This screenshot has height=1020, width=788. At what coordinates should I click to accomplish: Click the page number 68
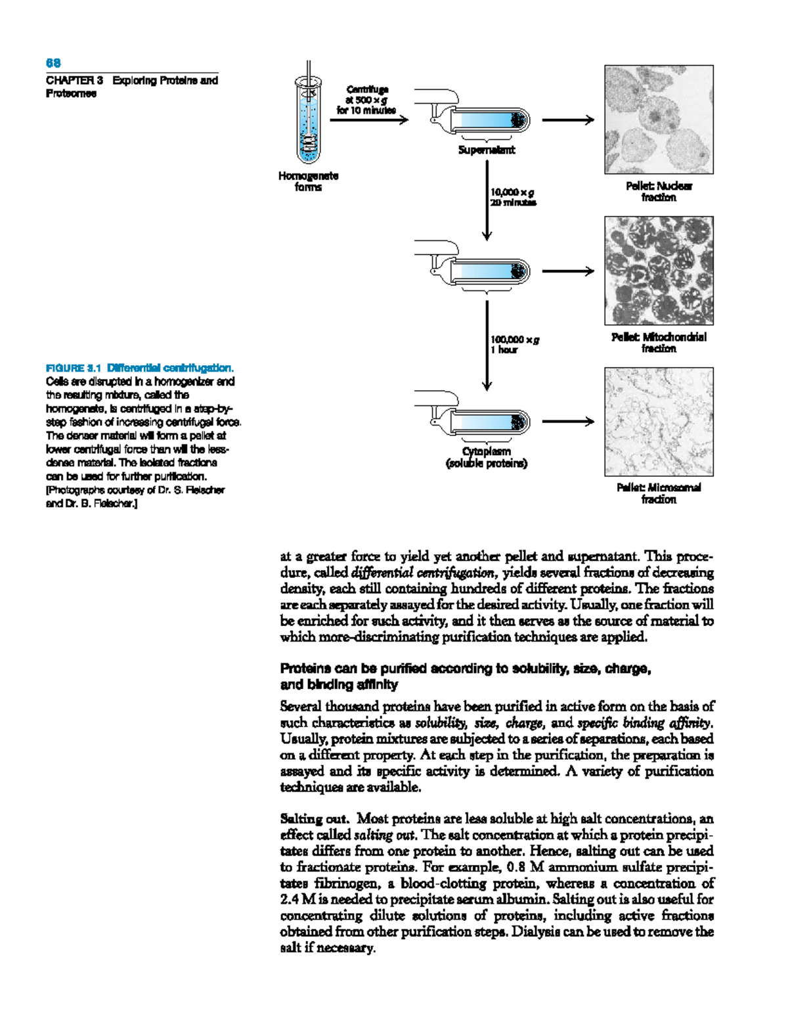click(x=53, y=63)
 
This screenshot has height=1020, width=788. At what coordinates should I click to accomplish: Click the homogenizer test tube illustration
click(x=309, y=121)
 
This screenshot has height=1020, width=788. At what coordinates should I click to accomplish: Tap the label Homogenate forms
click(x=308, y=181)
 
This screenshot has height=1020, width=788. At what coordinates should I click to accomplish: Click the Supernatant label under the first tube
click(x=487, y=150)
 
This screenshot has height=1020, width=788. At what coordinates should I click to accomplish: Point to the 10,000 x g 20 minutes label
click(x=513, y=197)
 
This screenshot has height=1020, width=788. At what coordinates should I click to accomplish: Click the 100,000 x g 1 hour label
click(x=514, y=344)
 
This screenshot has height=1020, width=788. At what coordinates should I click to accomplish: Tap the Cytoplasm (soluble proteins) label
click(x=487, y=457)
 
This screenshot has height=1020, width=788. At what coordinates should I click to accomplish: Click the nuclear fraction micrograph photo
click(x=659, y=120)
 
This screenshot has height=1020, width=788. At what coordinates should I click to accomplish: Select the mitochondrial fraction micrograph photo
click(x=659, y=271)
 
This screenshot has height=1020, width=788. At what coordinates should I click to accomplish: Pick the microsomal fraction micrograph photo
click(x=659, y=422)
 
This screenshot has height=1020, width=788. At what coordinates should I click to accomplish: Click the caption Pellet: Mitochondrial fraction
click(x=659, y=342)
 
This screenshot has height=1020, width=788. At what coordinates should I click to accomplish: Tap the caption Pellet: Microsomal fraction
click(x=659, y=493)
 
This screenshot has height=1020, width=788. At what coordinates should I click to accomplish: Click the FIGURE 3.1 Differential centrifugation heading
click(x=139, y=368)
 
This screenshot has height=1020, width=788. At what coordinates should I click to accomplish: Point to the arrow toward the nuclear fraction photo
click(x=567, y=120)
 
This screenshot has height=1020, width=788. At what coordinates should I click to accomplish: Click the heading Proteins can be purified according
click(x=465, y=669)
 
